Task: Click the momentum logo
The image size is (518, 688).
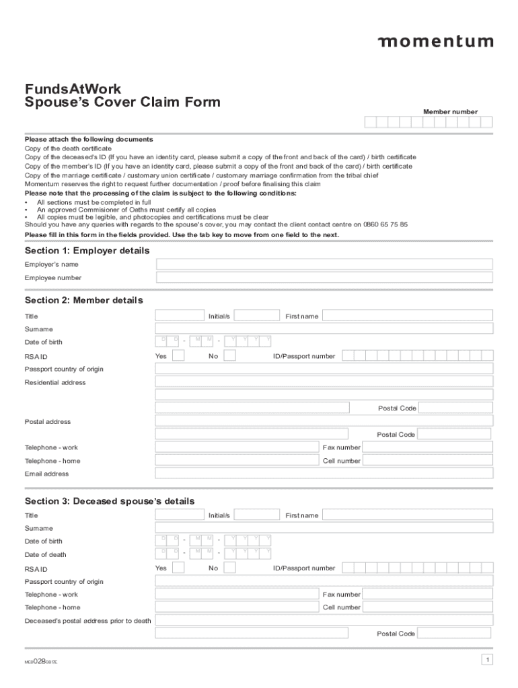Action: [x=435, y=42]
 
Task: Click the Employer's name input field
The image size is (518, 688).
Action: [x=324, y=264]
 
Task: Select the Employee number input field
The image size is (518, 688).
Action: [x=324, y=277]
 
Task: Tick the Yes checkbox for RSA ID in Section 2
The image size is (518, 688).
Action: [x=178, y=355]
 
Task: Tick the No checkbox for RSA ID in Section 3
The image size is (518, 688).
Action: [x=229, y=568]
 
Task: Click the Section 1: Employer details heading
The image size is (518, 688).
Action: [x=87, y=251]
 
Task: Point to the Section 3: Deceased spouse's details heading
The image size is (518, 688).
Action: [x=110, y=501]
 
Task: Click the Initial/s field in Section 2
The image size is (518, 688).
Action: [x=256, y=316]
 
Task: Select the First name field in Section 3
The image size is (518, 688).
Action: [x=407, y=515]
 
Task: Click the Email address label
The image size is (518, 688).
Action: [x=46, y=474]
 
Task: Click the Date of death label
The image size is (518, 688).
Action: [x=46, y=555]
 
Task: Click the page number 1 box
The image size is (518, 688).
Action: [x=487, y=660]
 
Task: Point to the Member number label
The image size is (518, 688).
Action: [x=450, y=112]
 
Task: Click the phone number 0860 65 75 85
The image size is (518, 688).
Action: [x=385, y=225]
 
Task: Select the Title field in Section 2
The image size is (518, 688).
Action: [x=180, y=316]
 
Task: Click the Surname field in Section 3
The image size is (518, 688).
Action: [x=324, y=528]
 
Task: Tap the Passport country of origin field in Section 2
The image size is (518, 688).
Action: [x=324, y=369]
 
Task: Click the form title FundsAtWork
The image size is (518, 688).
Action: [x=73, y=89]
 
